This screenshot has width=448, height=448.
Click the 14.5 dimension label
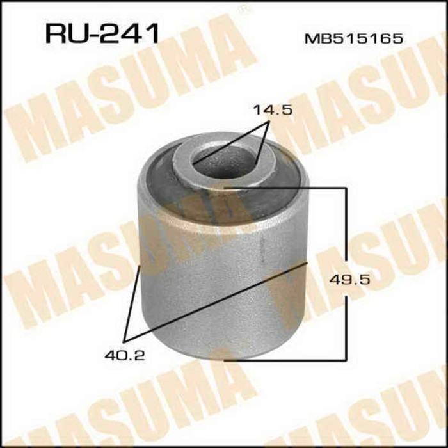point(272,110)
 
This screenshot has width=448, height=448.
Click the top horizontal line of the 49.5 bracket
point(288,188)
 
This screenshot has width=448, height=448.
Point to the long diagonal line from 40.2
point(218,301)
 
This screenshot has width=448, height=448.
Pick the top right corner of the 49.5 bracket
point(347,188)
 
